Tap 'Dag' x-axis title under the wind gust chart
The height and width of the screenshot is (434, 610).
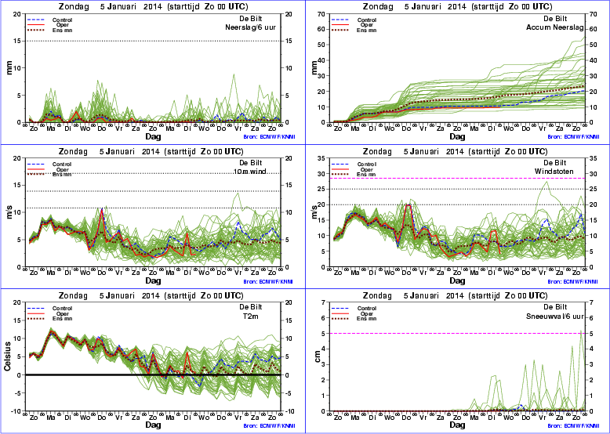[456, 280]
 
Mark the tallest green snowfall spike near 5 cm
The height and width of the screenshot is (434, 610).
[581, 330]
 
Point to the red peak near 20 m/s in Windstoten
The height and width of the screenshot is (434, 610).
[408, 205]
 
